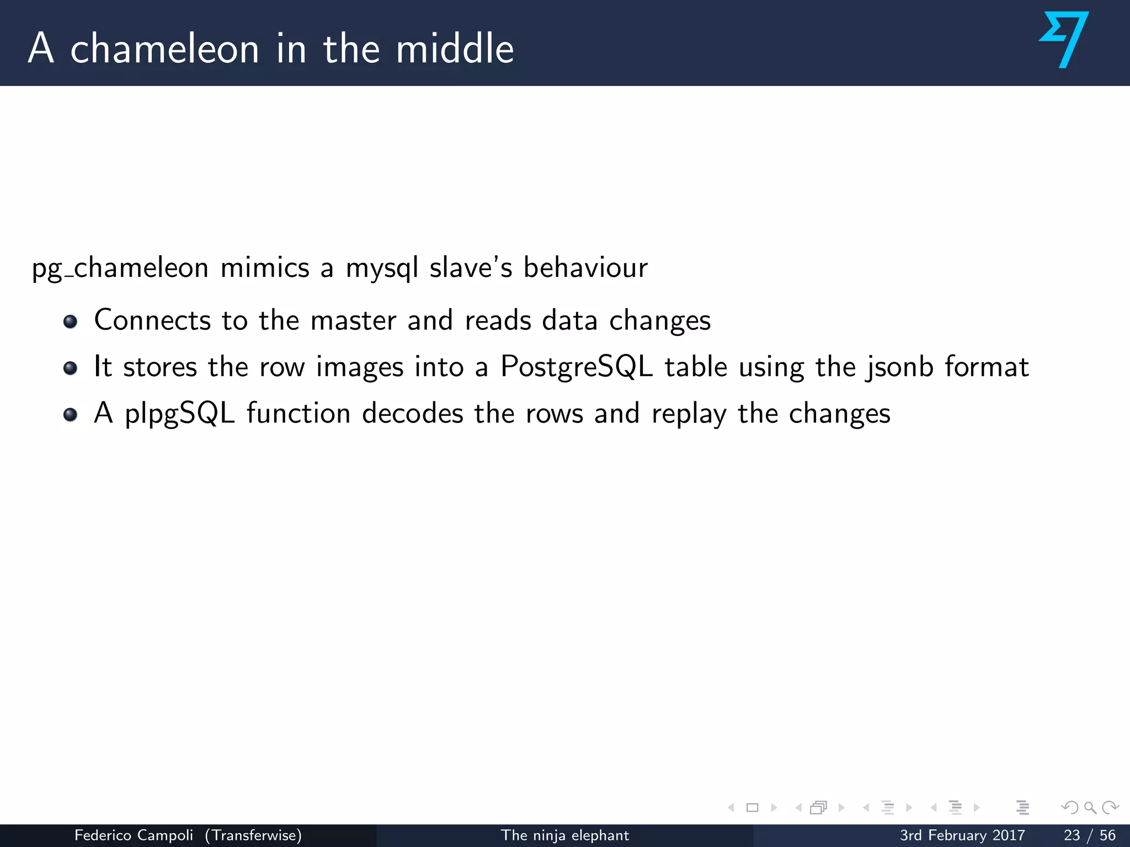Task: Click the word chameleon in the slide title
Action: (x=164, y=49)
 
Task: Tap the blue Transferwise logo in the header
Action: (x=1064, y=40)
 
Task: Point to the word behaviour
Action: (x=585, y=268)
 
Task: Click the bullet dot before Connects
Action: (x=70, y=321)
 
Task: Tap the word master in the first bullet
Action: (x=353, y=320)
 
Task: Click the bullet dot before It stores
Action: (x=70, y=368)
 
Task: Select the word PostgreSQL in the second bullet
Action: (x=577, y=367)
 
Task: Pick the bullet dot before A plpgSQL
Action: (x=70, y=414)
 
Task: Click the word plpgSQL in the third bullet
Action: (x=180, y=414)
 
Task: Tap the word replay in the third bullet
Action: (x=689, y=414)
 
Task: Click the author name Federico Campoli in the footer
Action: (x=134, y=835)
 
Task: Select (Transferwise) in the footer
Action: (x=253, y=835)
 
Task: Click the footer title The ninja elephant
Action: (x=564, y=835)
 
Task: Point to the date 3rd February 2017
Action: (x=962, y=835)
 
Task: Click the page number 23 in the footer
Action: (x=1072, y=835)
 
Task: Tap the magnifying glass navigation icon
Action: (x=1090, y=808)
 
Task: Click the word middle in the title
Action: (x=455, y=49)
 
